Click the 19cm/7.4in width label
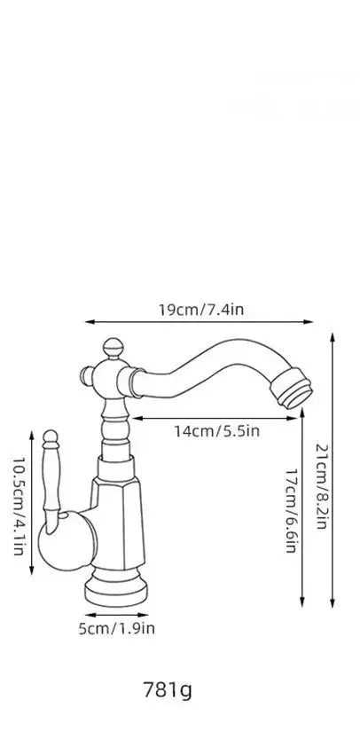tap(201, 310)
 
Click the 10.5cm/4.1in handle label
tap(18, 506)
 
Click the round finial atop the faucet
tap(113, 349)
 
